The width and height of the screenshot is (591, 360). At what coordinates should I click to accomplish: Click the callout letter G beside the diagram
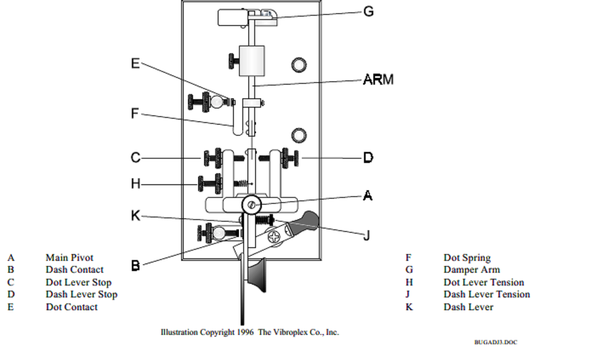click(368, 11)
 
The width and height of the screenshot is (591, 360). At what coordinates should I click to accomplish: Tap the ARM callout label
click(378, 80)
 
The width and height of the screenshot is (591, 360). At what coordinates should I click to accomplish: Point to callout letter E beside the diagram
click(135, 63)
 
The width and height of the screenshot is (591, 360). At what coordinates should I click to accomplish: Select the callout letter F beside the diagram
click(135, 114)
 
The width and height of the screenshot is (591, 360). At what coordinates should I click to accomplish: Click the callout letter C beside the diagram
click(135, 158)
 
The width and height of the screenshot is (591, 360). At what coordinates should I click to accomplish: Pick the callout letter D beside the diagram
click(368, 158)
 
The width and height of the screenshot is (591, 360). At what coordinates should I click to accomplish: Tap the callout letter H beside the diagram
click(135, 184)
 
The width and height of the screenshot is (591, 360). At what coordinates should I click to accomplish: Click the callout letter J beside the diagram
click(367, 235)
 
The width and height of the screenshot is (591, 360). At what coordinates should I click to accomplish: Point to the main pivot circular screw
click(251, 206)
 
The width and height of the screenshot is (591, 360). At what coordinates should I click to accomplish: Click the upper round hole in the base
click(299, 65)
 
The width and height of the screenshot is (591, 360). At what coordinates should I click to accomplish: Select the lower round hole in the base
click(299, 135)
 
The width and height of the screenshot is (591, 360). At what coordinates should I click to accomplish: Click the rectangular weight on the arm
click(252, 61)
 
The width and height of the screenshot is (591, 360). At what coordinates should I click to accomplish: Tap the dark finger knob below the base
click(257, 276)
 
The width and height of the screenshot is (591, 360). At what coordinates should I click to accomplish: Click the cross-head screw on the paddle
click(275, 236)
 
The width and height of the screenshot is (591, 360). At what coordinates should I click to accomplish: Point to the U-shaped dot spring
click(238, 128)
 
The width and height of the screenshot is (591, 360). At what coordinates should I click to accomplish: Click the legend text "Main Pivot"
click(69, 258)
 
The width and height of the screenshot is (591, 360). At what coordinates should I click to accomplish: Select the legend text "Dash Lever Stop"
click(81, 294)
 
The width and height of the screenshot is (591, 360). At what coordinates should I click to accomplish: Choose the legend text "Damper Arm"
click(472, 270)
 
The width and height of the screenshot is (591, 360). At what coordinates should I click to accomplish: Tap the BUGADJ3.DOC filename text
click(495, 342)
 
